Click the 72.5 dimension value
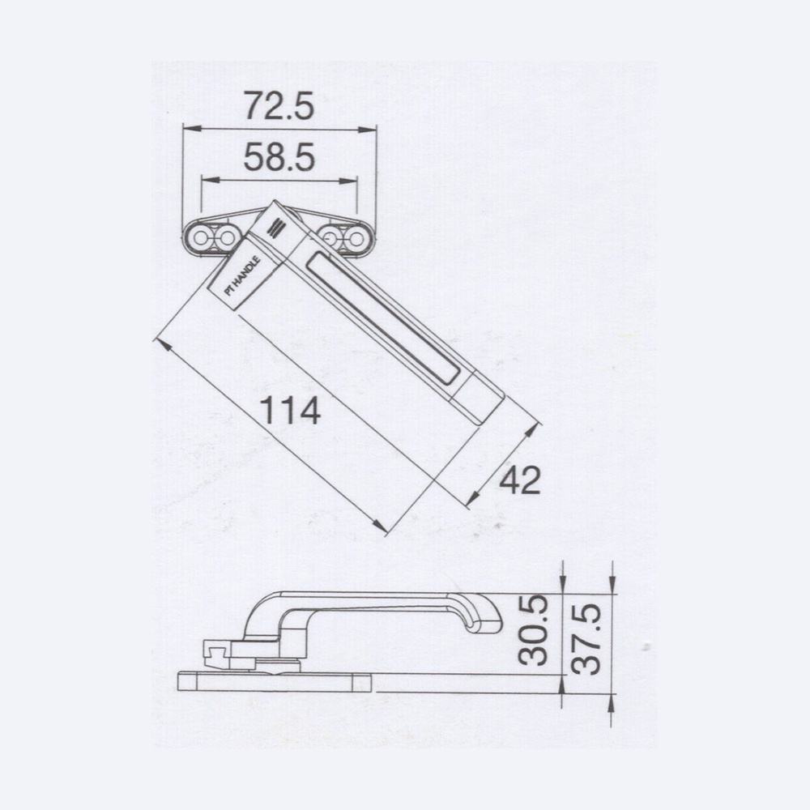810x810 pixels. click(x=279, y=106)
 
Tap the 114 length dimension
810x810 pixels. click(x=290, y=410)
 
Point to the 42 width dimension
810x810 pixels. click(x=520, y=480)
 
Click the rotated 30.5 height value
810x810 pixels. click(x=533, y=629)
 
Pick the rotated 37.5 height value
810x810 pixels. click(x=586, y=639)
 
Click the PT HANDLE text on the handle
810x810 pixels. click(x=241, y=276)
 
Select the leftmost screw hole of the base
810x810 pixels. click(x=200, y=238)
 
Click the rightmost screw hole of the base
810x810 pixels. click(x=356, y=238)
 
